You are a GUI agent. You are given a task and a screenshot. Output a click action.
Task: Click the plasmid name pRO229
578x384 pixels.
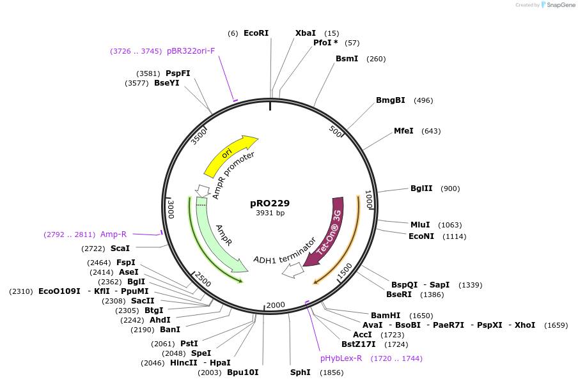click(x=270, y=203)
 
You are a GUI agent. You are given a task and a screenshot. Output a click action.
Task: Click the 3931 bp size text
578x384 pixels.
click(x=270, y=213)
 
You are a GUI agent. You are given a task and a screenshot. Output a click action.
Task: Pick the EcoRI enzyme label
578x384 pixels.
click(x=256, y=33)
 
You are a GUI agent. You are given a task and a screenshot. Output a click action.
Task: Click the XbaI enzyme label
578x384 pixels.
click(x=305, y=33)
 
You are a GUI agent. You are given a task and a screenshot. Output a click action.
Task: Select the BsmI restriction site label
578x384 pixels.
click(x=347, y=59)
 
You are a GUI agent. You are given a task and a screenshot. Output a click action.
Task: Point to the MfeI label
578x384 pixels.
click(x=403, y=131)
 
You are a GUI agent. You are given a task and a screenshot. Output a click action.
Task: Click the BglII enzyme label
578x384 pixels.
click(x=421, y=188)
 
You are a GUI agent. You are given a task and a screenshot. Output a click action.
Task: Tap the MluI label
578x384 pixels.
click(x=420, y=224)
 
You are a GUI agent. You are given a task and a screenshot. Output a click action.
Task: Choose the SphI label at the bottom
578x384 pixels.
click(x=300, y=372)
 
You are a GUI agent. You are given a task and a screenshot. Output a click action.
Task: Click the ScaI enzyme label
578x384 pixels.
click(x=120, y=248)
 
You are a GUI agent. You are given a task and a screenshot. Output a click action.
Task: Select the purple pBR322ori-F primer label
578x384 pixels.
click(x=191, y=51)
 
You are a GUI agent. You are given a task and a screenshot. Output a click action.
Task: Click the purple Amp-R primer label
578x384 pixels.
click(x=113, y=234)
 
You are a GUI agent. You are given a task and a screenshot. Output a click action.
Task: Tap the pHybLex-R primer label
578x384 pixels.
click(x=341, y=358)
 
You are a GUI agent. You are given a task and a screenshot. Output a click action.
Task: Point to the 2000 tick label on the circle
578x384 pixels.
click(x=276, y=305)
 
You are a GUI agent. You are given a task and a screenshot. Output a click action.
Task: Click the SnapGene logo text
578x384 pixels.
click(x=561, y=5)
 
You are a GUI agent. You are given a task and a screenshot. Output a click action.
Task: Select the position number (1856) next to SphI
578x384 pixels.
click(x=332, y=372)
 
